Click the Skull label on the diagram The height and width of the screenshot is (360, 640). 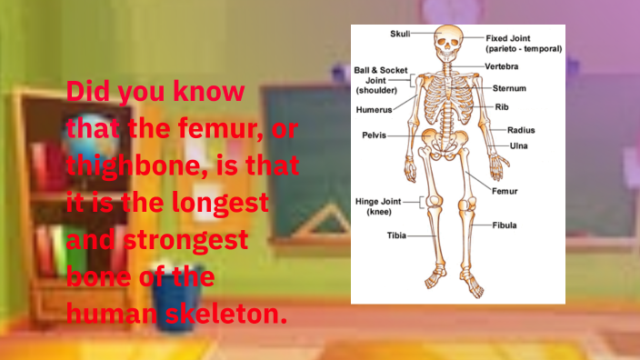(x=400, y=34)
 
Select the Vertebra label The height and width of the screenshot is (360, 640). (x=503, y=66)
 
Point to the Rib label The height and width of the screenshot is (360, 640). (x=502, y=106)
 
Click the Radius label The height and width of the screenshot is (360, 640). (x=520, y=130)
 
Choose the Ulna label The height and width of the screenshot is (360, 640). (x=518, y=145)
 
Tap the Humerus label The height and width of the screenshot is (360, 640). (x=374, y=109)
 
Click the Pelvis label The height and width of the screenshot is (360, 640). (x=374, y=135)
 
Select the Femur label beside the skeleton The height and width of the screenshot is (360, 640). (x=505, y=192)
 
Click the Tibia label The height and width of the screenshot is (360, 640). (x=396, y=235)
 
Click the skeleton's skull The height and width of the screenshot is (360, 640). (x=449, y=42)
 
